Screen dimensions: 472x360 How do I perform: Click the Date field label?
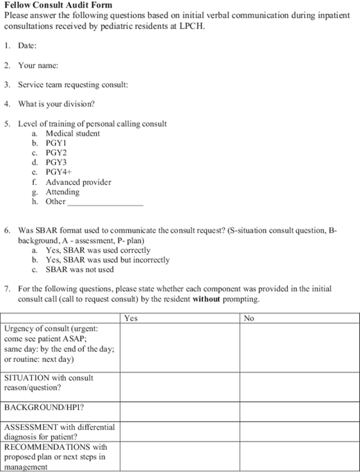(28, 45)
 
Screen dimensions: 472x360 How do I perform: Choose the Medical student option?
(73, 134)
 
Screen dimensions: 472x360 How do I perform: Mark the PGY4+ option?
(59, 172)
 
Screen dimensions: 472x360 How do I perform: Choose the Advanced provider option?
(78, 182)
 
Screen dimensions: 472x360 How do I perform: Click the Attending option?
(62, 192)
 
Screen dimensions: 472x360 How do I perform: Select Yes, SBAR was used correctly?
(97, 251)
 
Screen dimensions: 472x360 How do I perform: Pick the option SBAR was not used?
(80, 270)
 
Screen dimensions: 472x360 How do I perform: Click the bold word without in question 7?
(207, 299)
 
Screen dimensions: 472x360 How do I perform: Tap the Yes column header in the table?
(130, 318)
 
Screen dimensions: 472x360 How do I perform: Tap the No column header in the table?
(250, 318)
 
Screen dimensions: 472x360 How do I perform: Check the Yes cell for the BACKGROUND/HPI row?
(180, 409)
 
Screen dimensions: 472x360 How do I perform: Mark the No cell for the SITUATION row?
(300, 383)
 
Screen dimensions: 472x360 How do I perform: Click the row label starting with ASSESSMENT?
(60, 432)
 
